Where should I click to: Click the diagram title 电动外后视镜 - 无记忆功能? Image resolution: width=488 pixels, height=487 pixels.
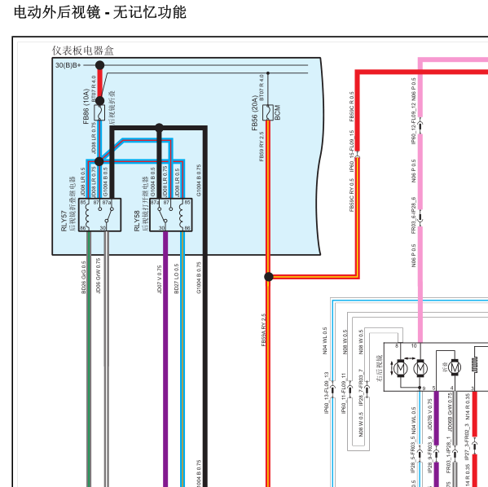point(100,12)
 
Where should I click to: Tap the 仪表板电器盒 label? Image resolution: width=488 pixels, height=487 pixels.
point(83,50)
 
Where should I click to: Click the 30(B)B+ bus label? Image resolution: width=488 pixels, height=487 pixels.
point(68,65)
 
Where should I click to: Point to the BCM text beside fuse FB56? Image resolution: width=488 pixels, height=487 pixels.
point(277,112)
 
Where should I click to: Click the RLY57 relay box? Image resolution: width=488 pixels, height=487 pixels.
point(100,215)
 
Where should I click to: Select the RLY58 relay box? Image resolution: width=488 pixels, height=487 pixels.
point(171,215)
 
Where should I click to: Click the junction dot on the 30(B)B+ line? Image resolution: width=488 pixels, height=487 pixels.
point(100,65)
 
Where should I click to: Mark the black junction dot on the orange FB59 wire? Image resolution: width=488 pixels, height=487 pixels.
point(268,277)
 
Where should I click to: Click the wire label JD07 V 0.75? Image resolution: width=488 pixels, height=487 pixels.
point(160,278)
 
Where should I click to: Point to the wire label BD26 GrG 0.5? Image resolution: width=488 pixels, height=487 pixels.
point(84,278)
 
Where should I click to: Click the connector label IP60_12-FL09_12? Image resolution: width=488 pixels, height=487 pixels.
point(414,127)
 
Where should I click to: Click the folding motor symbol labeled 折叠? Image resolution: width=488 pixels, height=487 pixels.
point(454,368)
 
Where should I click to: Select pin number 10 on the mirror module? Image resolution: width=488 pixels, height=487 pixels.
point(414,346)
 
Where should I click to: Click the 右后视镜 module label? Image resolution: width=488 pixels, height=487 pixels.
point(379,368)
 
